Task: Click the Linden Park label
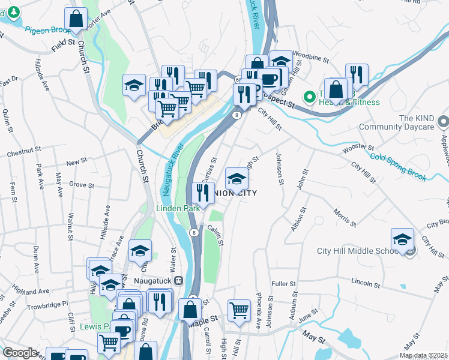(x=178, y=208)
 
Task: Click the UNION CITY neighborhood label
(x=235, y=193)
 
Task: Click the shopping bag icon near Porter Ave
(x=76, y=19)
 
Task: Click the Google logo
(x=19, y=353)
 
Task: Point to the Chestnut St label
(x=23, y=154)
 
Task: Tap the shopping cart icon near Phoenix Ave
(x=239, y=311)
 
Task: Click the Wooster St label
(x=358, y=148)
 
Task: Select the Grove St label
(x=81, y=184)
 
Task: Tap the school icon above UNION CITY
(x=237, y=179)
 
